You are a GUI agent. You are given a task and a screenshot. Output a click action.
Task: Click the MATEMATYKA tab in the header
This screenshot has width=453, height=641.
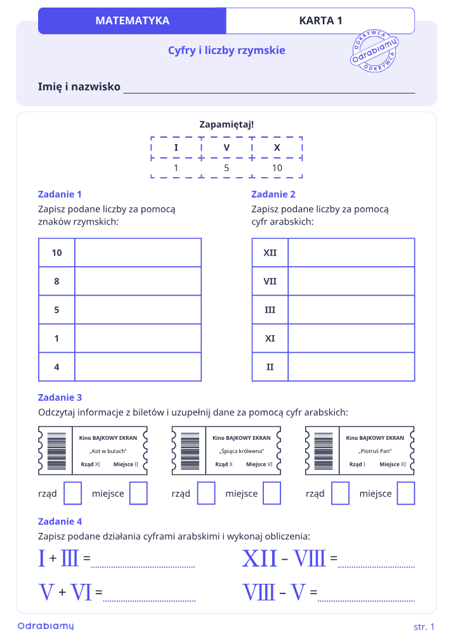[132, 20]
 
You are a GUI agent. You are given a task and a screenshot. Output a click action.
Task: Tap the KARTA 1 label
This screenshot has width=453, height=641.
[320, 20]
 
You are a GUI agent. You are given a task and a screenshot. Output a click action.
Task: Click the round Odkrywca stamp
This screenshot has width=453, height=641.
[374, 51]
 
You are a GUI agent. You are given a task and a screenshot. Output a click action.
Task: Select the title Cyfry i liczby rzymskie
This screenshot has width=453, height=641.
[226, 50]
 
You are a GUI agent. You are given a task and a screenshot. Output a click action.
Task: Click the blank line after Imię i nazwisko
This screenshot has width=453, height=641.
[269, 93]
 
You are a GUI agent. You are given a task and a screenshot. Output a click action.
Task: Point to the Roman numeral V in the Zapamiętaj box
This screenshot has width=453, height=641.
[226, 148]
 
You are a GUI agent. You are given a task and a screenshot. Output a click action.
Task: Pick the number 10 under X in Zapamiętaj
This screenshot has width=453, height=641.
[277, 168]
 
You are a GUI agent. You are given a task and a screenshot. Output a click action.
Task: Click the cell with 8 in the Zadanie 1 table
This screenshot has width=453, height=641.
[57, 281]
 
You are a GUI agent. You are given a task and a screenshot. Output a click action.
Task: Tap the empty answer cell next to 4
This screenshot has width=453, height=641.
[138, 367]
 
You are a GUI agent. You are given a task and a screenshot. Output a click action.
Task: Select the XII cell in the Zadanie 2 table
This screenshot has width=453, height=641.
[270, 253]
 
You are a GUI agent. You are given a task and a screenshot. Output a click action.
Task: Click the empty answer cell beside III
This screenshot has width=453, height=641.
[351, 310]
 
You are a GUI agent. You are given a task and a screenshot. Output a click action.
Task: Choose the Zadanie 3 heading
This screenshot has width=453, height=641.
[60, 397]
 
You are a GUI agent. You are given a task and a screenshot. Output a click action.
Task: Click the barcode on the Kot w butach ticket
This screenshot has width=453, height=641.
[57, 451]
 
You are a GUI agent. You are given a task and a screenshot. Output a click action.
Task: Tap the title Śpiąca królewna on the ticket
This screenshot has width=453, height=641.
[242, 451]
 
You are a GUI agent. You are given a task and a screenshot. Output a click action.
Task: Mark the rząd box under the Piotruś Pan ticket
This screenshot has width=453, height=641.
[340, 493]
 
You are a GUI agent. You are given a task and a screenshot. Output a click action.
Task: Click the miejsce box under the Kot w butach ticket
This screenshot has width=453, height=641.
[138, 493]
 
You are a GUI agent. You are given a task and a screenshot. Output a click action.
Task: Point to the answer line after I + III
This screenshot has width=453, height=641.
[143, 567]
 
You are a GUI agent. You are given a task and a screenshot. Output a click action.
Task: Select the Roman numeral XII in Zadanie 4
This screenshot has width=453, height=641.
[259, 558]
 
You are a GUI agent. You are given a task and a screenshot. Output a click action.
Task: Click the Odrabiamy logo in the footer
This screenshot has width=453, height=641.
[46, 626]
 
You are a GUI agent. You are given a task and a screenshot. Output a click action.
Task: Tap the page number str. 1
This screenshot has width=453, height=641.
[424, 626]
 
